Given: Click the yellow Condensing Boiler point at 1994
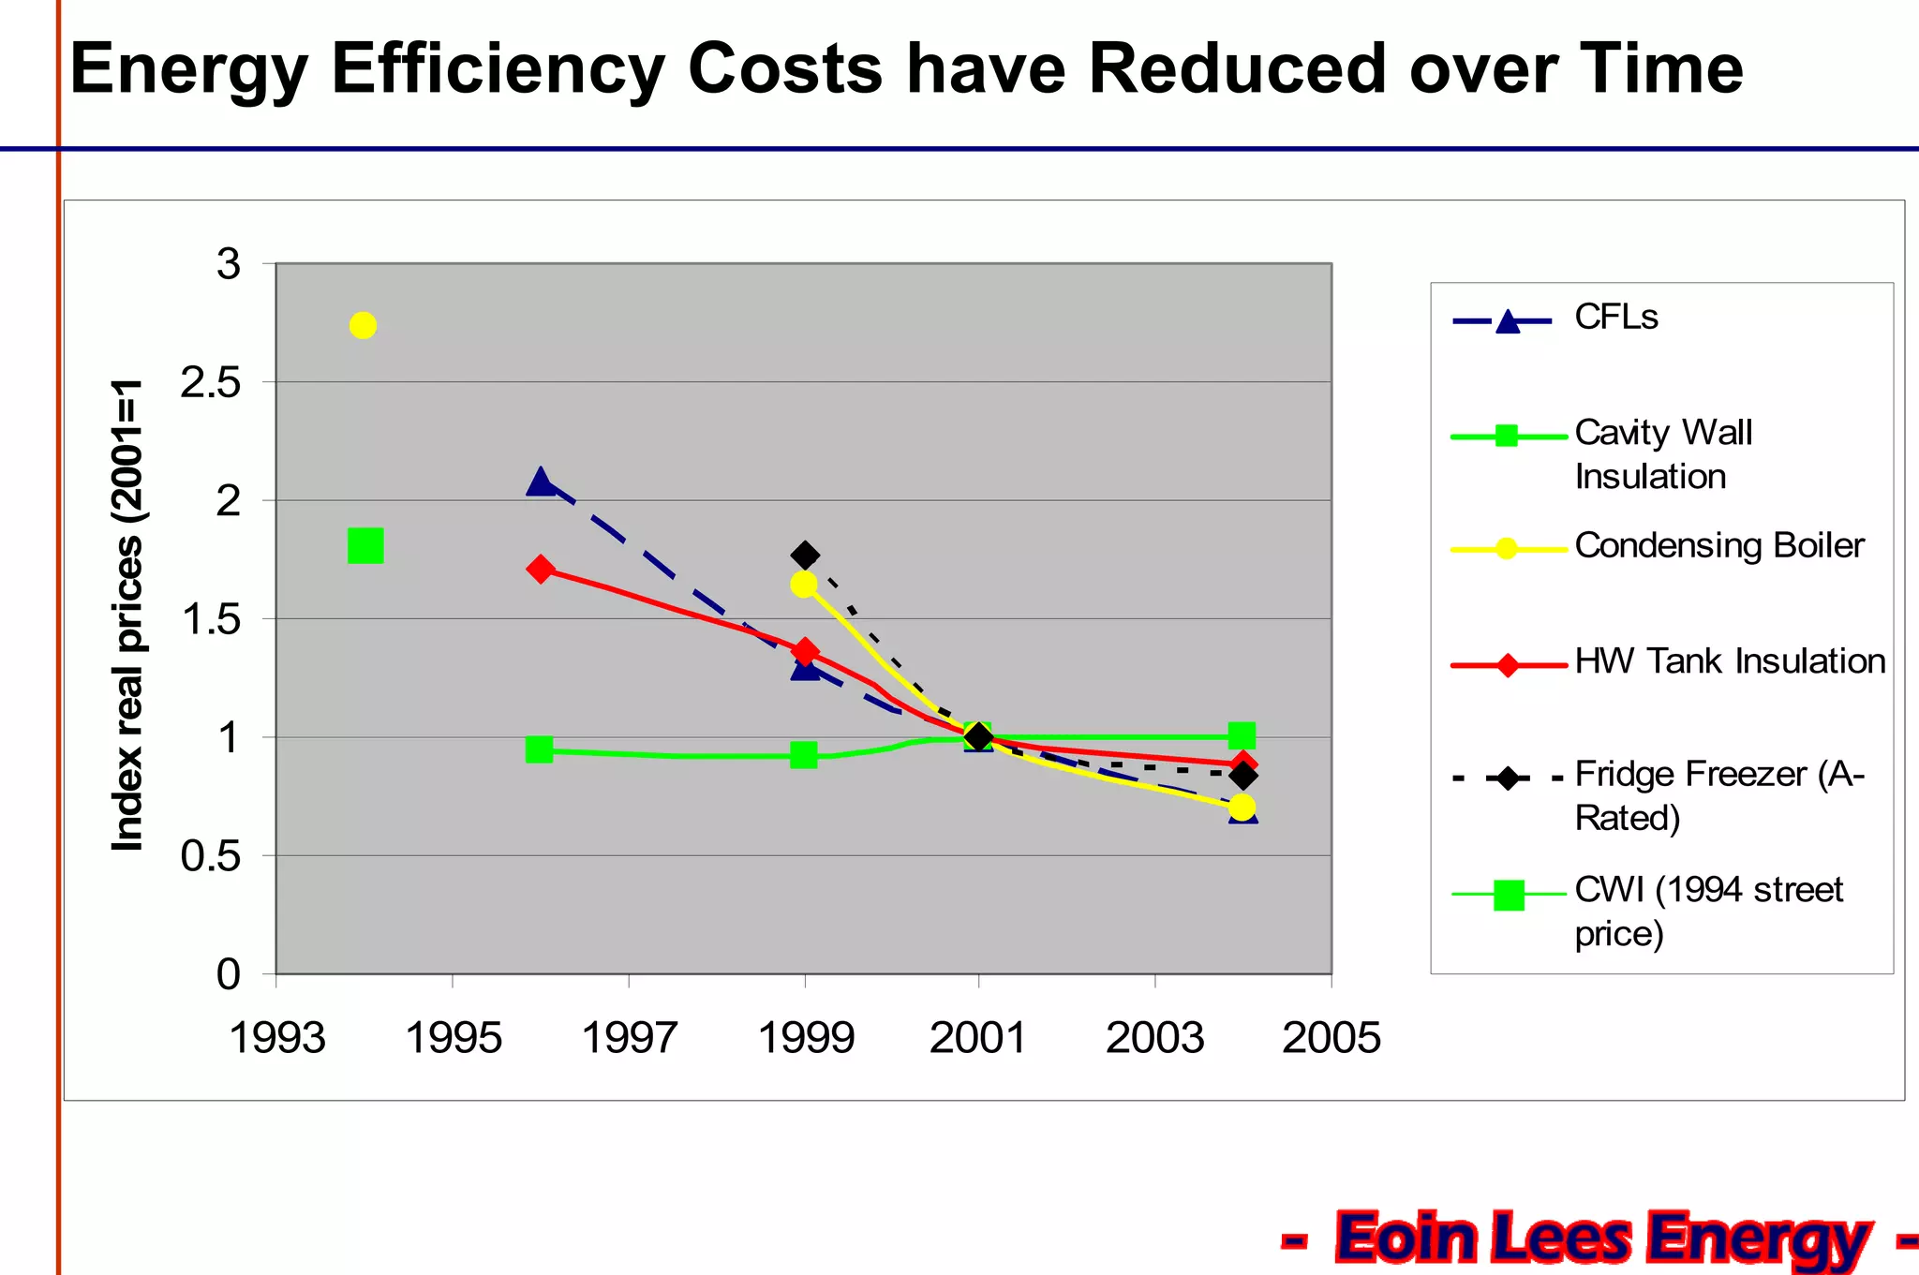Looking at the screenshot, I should tap(363, 326).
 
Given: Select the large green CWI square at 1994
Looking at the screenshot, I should tap(365, 545).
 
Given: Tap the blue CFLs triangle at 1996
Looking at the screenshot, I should tap(541, 482).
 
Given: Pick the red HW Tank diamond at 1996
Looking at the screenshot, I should tap(541, 569).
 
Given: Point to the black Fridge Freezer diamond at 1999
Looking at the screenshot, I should tap(805, 556).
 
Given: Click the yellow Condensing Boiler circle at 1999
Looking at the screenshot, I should tap(803, 585).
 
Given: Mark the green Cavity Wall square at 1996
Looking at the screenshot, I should tap(540, 749).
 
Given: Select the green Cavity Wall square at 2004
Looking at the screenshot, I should tap(1242, 735).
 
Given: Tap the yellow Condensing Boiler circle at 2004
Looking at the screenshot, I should tap(1242, 807).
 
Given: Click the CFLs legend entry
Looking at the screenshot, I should tap(1615, 318).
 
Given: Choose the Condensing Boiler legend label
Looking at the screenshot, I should tap(1718, 545).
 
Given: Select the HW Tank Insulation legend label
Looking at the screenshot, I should tap(1729, 661).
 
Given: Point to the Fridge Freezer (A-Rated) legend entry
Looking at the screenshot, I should tap(1718, 795).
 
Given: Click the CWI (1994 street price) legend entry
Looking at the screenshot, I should tap(1707, 911).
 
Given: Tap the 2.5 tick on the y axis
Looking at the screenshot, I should tap(211, 383).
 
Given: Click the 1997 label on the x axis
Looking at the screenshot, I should tap(629, 1038).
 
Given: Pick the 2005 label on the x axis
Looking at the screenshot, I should tap(1331, 1038).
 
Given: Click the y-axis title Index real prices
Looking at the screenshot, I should tap(128, 615).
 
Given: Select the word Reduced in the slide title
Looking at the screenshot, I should tap(1236, 69).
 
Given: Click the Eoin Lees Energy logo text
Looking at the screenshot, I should tap(1602, 1238).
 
